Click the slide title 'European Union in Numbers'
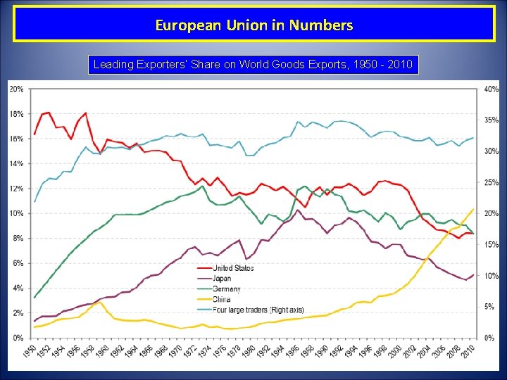tap(254, 26)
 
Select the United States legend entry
tap(233, 268)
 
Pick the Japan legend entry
tap(222, 279)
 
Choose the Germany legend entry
tap(226, 289)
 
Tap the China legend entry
tap(221, 298)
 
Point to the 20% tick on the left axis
tap(16, 89)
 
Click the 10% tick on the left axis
tap(16, 213)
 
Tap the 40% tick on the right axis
tap(491, 89)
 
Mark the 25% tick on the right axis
tap(491, 182)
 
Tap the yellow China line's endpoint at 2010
tap(472, 208)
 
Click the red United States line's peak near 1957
tap(85, 113)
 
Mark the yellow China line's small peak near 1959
tap(100, 302)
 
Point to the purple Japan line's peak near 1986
tap(299, 210)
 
